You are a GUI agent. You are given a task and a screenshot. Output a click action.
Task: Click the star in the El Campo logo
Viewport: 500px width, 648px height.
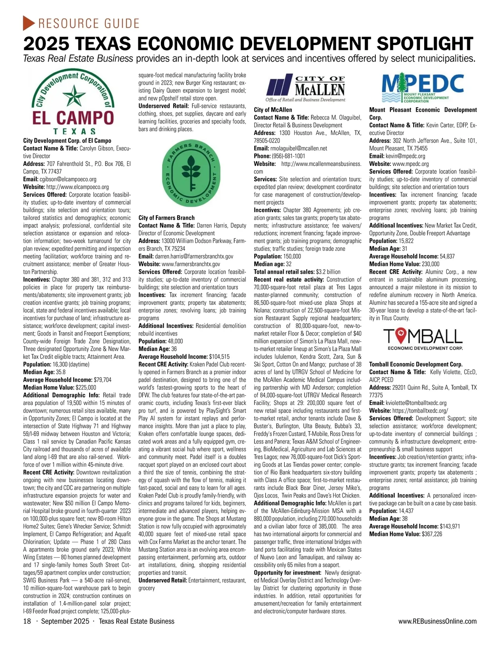(73, 95)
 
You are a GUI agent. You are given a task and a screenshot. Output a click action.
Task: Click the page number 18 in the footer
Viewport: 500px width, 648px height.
(27, 621)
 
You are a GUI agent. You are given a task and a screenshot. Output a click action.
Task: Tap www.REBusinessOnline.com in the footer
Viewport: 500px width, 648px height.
(437, 621)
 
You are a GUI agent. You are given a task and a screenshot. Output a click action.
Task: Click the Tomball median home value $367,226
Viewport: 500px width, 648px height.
(432, 534)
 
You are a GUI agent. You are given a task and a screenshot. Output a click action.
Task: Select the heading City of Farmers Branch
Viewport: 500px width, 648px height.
(166, 218)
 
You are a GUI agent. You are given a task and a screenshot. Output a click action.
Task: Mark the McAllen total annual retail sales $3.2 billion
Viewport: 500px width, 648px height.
(328, 272)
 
